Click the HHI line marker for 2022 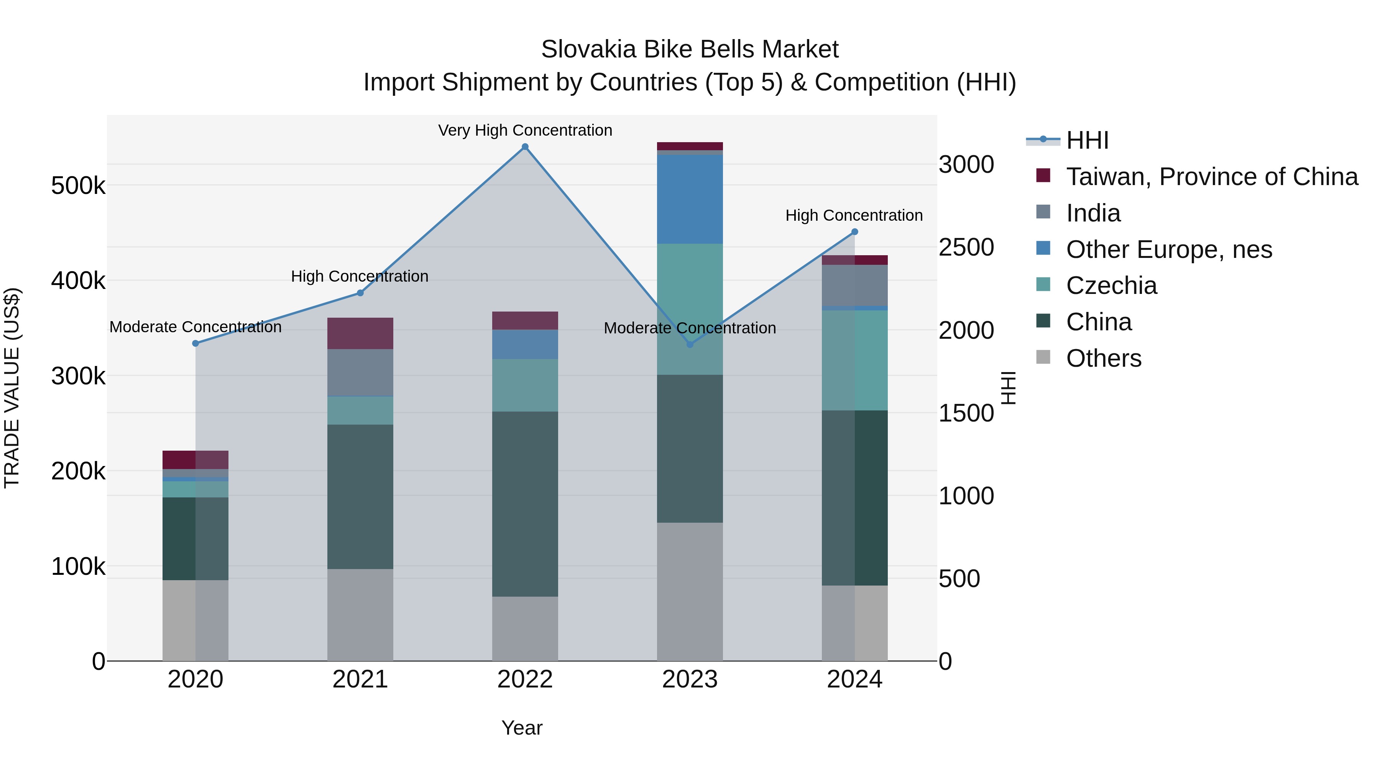525,147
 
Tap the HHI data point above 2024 854,232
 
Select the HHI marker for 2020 195,343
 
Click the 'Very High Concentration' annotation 525,130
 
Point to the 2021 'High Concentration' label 360,276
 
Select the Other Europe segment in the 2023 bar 690,199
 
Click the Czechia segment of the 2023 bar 690,309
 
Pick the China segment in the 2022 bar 525,504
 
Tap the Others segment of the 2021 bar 360,614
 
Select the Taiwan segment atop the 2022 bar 525,320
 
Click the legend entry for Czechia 1111,285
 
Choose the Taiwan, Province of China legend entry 1211,177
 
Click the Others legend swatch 1043,357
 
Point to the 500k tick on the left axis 78,186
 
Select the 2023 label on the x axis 690,679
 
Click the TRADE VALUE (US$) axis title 12,388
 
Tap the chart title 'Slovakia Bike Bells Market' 690,49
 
